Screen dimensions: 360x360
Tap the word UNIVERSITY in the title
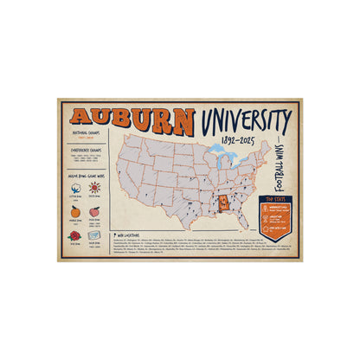click(243, 119)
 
